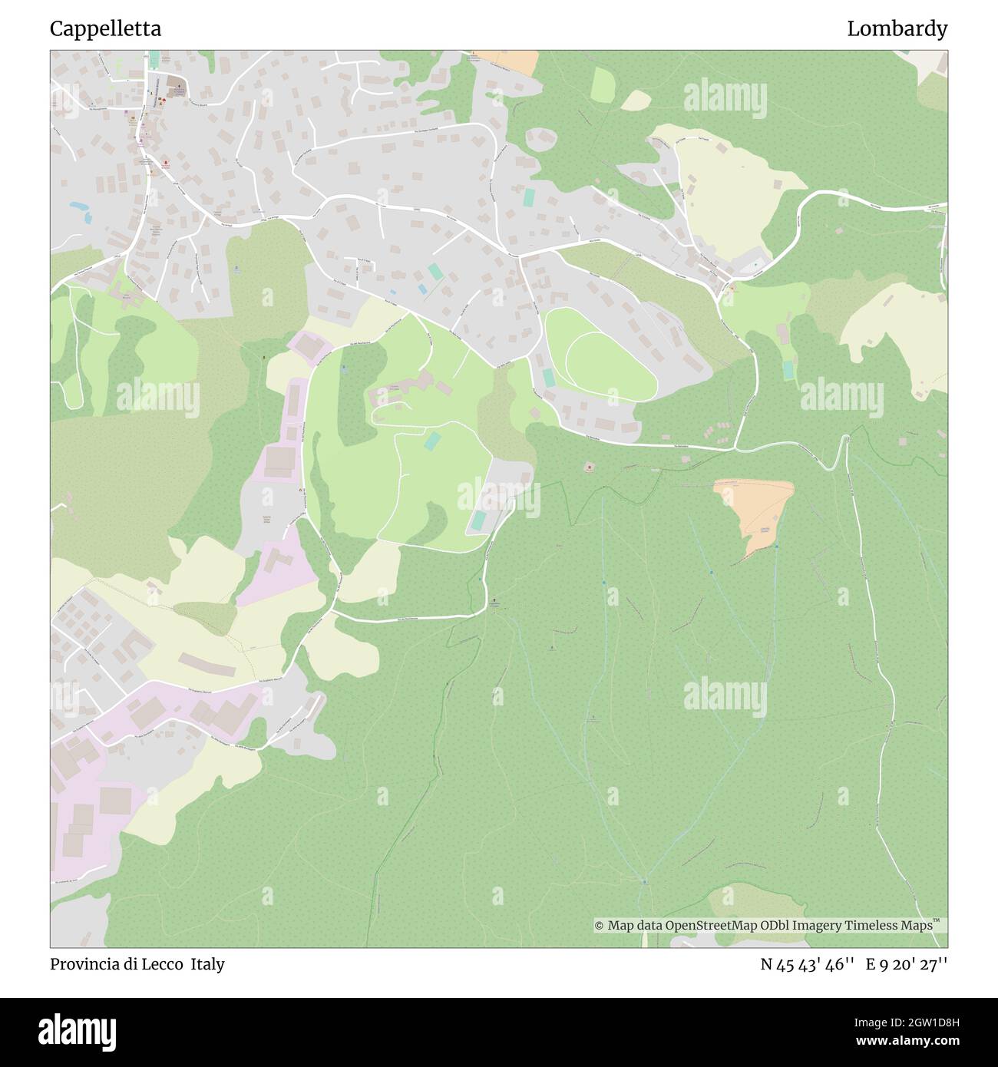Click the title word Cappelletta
[x=105, y=29]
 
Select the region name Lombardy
[x=897, y=29]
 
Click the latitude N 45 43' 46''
[x=808, y=964]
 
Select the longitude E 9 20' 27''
[x=907, y=964]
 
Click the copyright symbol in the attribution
[x=600, y=926]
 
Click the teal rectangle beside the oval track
[x=548, y=378]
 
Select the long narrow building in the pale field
[x=207, y=665]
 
